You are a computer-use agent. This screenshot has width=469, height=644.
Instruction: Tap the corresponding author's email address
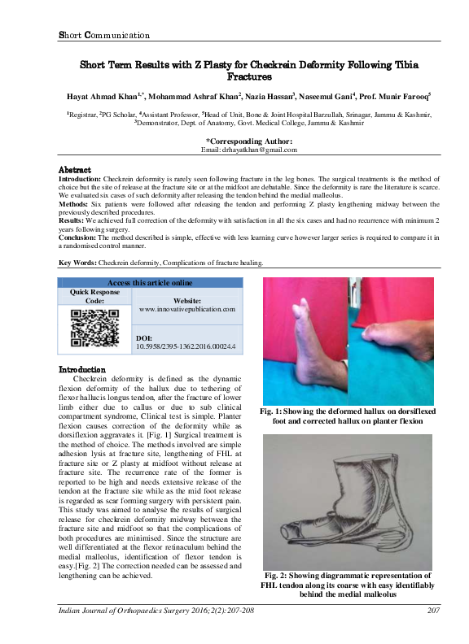pyautogui.click(x=248, y=150)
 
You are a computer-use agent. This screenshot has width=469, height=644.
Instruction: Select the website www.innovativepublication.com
pyautogui.click(x=187, y=310)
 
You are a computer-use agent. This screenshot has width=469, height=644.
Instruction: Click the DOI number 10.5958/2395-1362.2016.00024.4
pyautogui.click(x=186, y=346)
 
